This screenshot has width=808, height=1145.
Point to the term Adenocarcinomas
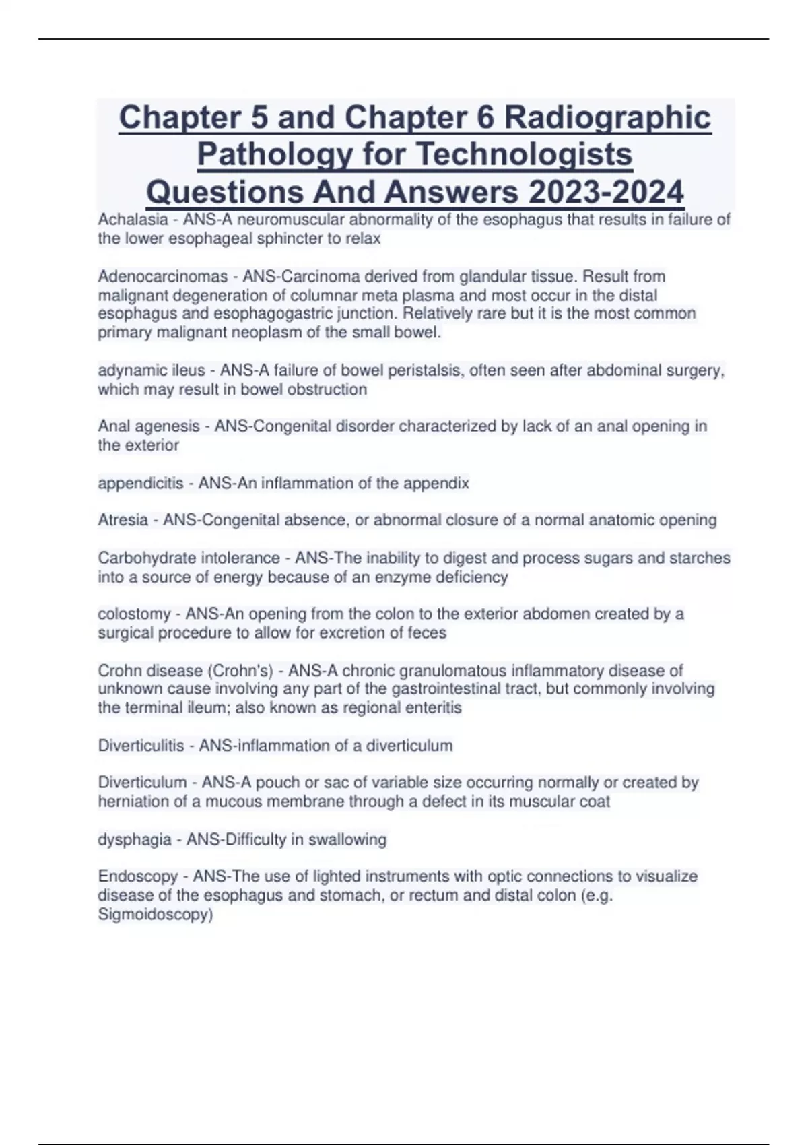click(162, 277)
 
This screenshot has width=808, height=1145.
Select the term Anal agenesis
click(149, 426)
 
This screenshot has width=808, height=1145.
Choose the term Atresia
click(123, 520)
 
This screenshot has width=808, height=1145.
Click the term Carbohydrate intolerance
click(189, 558)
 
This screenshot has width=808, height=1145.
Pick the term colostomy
click(134, 614)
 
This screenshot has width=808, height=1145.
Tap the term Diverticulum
click(142, 783)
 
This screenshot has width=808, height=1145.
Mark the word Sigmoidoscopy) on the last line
click(156, 915)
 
